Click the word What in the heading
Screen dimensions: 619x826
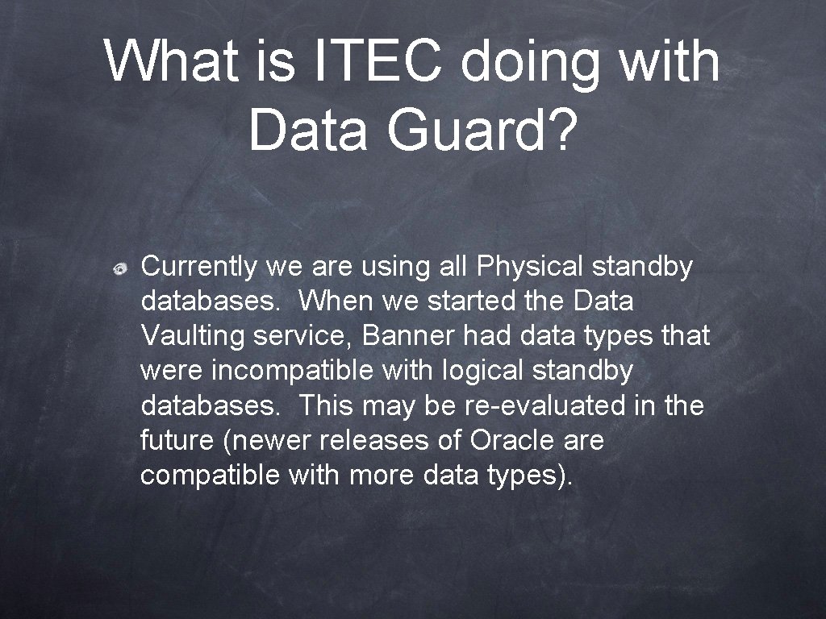click(x=171, y=62)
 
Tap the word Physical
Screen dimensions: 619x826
click(x=532, y=266)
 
